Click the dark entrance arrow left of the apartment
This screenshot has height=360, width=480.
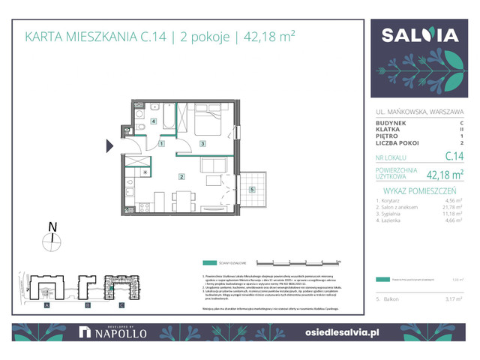109,145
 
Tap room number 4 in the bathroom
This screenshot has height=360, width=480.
154,121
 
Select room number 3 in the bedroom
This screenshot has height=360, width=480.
202,142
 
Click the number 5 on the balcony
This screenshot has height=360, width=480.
252,189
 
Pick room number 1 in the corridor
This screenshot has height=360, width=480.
162,143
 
